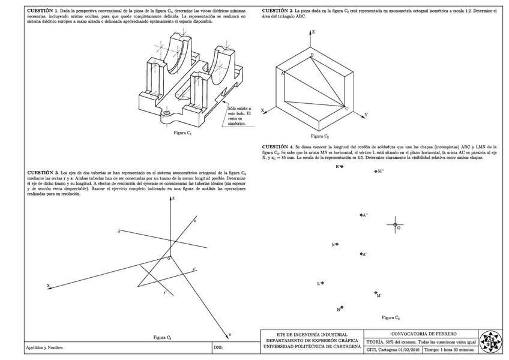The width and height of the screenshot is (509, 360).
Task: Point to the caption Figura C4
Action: click(x=391, y=316)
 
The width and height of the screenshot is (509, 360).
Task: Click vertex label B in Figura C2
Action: click(x=312, y=55)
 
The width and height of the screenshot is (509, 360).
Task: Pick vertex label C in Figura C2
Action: click(x=346, y=109)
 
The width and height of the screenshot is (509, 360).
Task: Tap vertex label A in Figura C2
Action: click(x=282, y=73)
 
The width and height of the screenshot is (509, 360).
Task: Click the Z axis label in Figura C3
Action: click(x=173, y=197)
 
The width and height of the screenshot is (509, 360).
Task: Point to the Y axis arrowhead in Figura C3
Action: click(x=226, y=332)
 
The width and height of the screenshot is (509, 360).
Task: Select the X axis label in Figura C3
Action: click(x=48, y=285)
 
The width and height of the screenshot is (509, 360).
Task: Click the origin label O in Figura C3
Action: click(x=169, y=259)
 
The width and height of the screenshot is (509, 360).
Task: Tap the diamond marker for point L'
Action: click(x=324, y=283)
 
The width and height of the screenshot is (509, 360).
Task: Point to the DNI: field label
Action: click(x=218, y=347)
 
